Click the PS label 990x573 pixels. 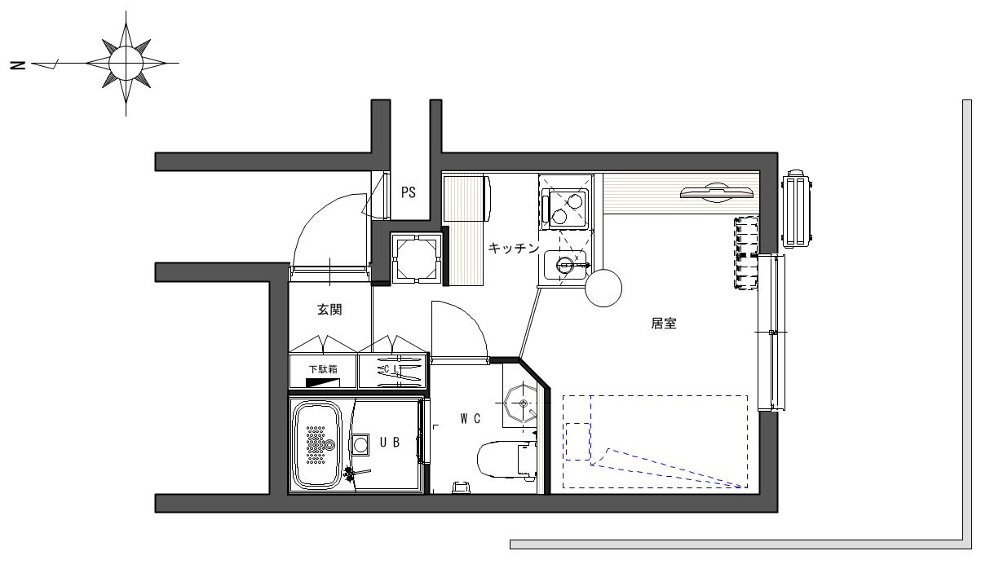(409, 192)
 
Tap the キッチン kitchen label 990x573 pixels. (514, 248)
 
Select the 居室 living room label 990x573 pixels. (664, 324)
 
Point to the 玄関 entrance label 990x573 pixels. (329, 309)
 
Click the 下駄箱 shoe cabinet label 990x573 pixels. (323, 369)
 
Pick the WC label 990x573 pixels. (471, 418)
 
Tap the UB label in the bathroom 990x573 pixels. (390, 442)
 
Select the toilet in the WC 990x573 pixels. (507, 461)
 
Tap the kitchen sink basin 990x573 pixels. (565, 265)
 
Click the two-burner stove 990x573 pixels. (568, 209)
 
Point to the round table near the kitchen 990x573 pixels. (603, 288)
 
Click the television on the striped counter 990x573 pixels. (716, 192)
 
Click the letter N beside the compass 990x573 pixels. (18, 65)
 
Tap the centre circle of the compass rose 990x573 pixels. (126, 64)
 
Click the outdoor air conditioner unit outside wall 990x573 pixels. (797, 209)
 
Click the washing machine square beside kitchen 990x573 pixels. (417, 258)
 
